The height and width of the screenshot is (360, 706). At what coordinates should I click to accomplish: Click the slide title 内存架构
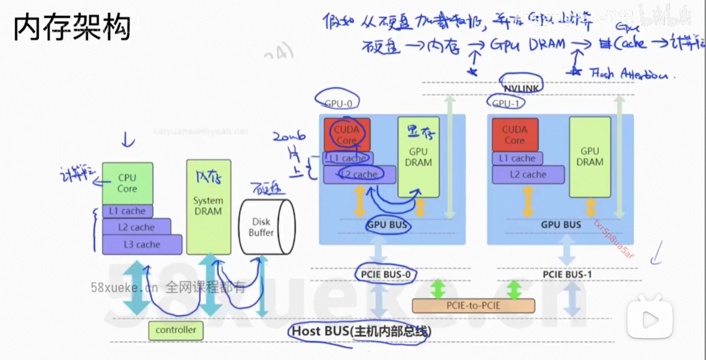point(72,27)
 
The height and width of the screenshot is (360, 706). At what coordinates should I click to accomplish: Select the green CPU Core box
point(127,183)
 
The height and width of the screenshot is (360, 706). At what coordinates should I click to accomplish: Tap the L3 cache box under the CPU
point(142,245)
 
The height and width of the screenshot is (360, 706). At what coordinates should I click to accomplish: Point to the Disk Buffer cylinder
point(262,226)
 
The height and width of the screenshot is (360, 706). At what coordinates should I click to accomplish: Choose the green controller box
point(176,330)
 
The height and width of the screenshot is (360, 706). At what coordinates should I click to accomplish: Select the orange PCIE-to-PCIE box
point(473,306)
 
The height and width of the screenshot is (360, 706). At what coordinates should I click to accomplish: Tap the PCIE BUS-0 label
point(386,275)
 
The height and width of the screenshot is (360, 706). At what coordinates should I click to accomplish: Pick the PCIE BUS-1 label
point(567,275)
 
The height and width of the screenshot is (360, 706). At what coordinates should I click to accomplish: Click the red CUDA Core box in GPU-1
point(515,134)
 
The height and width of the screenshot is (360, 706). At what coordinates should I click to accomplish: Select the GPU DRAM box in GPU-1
point(590,157)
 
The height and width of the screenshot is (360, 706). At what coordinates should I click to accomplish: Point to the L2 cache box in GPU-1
point(528,174)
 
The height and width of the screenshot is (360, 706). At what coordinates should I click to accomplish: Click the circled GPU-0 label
point(339,102)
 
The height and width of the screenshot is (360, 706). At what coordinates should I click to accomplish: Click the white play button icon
point(649,319)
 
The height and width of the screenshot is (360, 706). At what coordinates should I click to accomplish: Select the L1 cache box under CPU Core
point(127,211)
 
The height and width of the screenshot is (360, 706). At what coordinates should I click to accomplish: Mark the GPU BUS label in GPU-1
point(561,225)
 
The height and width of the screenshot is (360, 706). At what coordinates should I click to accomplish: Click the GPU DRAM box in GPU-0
point(418,157)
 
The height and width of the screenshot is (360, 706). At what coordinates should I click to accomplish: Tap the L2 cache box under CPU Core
point(136,227)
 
